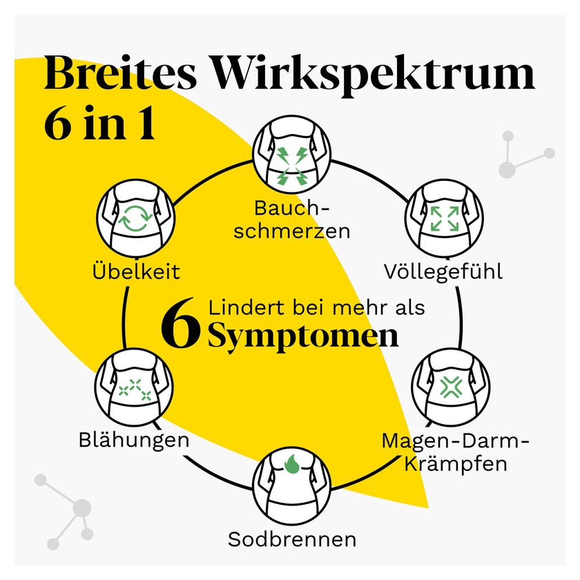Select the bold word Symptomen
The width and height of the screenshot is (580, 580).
[x=303, y=337]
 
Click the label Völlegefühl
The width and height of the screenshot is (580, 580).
[x=443, y=272]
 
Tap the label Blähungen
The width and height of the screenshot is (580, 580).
[x=134, y=441]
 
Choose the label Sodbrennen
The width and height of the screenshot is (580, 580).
[x=292, y=539]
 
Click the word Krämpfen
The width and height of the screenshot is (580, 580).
[x=455, y=464]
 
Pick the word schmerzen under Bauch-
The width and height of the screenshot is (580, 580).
[x=292, y=231]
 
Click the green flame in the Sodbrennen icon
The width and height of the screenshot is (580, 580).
[x=292, y=463]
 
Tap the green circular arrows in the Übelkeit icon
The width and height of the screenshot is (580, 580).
[x=136, y=219]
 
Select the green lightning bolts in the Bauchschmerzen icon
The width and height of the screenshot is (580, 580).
[x=292, y=165]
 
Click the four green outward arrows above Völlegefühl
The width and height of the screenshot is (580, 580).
[x=444, y=219]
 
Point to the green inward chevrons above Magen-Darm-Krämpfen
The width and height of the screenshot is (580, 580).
[x=450, y=387]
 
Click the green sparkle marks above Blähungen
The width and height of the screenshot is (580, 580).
[x=135, y=390]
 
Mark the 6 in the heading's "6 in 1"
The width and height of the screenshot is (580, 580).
[x=59, y=123]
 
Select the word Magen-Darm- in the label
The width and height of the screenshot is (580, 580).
[x=455, y=441]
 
